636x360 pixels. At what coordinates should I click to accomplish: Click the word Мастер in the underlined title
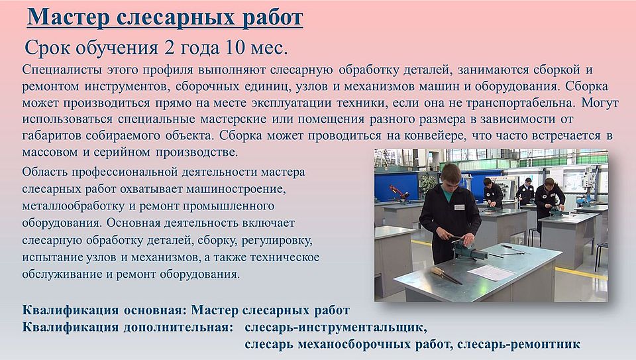click(x=68, y=18)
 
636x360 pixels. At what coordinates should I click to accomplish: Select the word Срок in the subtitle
click(x=48, y=48)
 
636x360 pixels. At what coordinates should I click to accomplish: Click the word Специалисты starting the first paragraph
click(x=62, y=70)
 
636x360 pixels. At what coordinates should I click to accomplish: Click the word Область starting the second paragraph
click(x=44, y=172)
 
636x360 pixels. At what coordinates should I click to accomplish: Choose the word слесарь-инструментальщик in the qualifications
click(x=335, y=327)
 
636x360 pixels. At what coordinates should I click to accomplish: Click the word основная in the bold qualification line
click(x=155, y=310)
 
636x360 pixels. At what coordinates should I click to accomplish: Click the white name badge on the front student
click(x=459, y=208)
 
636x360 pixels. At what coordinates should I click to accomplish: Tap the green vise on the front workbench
click(x=468, y=249)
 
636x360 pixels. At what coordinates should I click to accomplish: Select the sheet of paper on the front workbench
click(x=491, y=272)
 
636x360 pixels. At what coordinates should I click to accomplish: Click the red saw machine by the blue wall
click(x=399, y=193)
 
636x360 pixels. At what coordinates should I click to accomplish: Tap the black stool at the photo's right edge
click(x=602, y=255)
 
